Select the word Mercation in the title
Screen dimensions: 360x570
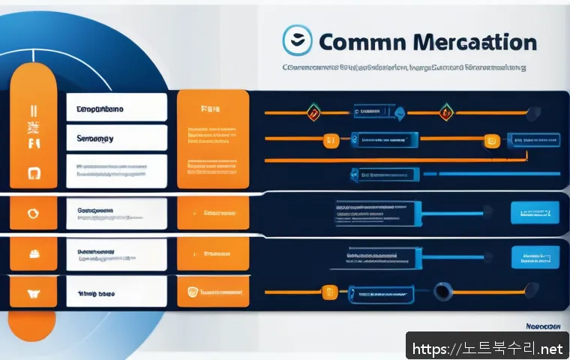click(472, 41)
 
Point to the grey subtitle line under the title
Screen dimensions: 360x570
click(403, 67)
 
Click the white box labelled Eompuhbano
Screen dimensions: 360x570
click(116, 108)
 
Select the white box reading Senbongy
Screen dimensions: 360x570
click(116, 139)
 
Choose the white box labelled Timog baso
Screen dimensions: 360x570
click(116, 292)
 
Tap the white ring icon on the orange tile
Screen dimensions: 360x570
click(32, 212)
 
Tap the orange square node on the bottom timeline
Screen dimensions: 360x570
click(328, 291)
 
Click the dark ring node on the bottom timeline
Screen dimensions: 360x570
click(442, 291)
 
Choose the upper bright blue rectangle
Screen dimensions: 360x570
click(535, 213)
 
